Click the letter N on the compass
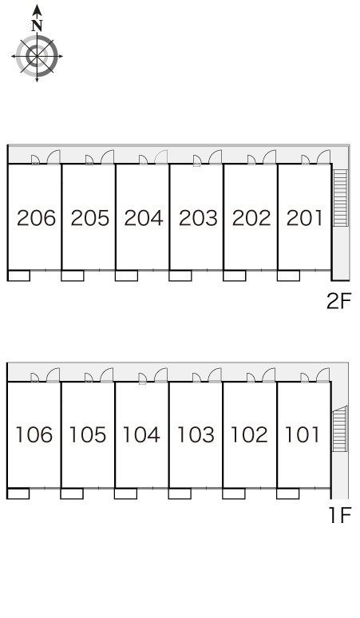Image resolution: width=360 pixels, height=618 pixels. tap(37, 26)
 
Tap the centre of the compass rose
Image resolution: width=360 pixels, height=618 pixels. tap(37, 57)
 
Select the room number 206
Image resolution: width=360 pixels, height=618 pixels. tap(36, 218)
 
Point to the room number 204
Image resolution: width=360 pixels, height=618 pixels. tap(144, 218)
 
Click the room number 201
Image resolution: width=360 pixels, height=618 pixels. tap(304, 218)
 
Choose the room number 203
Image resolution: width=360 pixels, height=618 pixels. tap(198, 218)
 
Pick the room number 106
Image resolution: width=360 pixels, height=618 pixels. tap(34, 434)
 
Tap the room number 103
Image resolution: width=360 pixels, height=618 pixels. tap(196, 434)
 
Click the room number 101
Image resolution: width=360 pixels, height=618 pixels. tap(302, 434)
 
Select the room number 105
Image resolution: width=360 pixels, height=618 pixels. tap(88, 434)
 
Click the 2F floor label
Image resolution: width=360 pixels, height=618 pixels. tap(338, 302)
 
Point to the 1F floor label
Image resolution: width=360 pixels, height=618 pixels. tap(340, 515)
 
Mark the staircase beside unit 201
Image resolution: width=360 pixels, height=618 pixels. tap(341, 198)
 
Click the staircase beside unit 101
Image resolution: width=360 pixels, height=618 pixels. tap(339, 429)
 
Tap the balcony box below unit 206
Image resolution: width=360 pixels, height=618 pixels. tap(19, 275)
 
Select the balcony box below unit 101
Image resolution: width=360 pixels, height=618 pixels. tap(287, 493)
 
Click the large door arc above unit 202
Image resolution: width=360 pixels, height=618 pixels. tap(270, 156)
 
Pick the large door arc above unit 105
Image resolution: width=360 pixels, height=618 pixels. tap(106, 374)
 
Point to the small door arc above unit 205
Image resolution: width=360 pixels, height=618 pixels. tap(89, 160)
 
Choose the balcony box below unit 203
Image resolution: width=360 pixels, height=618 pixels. tap(180, 275)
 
